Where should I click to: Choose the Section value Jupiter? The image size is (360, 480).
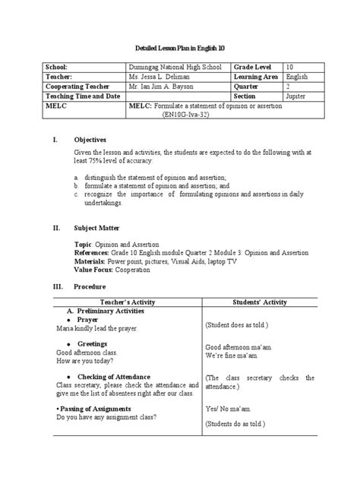tap(298, 96)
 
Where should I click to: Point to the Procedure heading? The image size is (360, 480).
tap(89, 287)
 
